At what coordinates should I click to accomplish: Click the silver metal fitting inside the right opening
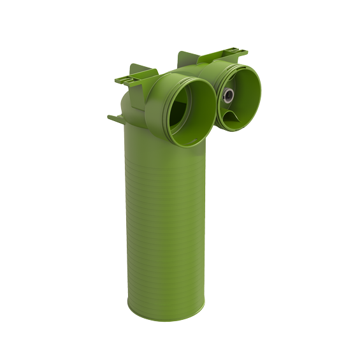(x=228, y=97)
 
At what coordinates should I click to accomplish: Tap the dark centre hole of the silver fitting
(x=228, y=97)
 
